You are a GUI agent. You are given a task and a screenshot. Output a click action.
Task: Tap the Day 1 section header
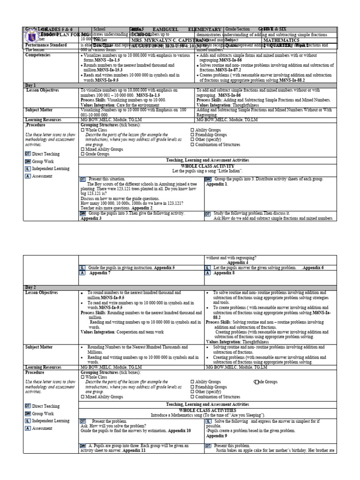coord(31,86)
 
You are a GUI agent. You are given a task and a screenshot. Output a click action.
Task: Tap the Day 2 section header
coord(31,287)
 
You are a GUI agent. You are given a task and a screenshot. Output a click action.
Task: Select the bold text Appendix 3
coord(91,218)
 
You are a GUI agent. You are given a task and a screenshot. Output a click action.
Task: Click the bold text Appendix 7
coord(98,273)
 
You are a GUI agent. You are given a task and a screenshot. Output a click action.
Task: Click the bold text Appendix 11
coord(135,450)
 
